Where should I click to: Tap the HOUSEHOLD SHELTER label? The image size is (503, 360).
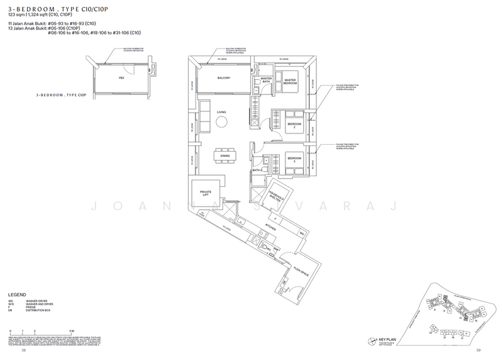[x=275, y=196]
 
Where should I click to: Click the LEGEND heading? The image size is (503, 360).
[x=16, y=295]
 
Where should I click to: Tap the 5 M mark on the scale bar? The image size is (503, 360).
[x=72, y=330]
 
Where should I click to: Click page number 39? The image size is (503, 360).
[x=478, y=351]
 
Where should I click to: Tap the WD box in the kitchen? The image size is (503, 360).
[x=302, y=233]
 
